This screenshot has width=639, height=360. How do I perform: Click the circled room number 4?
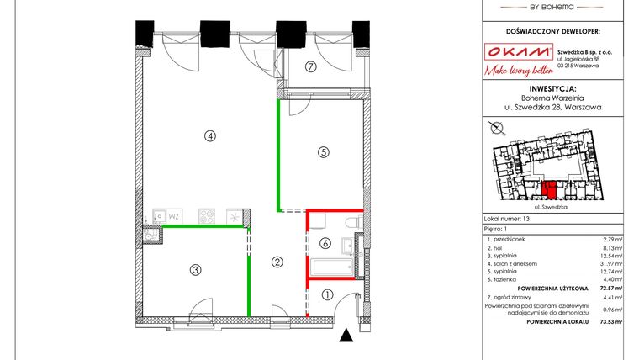pos(211,135)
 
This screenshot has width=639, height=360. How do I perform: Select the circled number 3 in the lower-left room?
pos(195,270)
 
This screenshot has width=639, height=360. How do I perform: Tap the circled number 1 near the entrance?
pos(328,294)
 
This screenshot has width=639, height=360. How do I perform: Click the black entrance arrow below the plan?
pos(346,336)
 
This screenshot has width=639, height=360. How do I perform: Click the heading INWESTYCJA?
pos(553,87)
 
